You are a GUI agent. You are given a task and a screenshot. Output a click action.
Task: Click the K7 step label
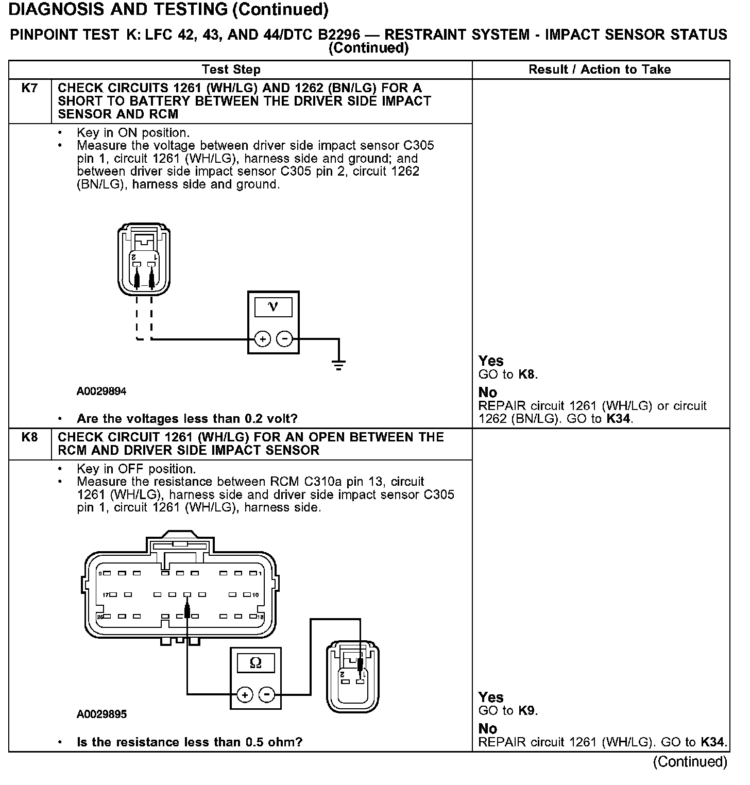tap(29, 88)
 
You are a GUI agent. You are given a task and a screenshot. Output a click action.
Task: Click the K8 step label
tap(29, 437)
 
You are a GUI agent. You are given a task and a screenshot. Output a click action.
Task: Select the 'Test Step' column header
tap(231, 70)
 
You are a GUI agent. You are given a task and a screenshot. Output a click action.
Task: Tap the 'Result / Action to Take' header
tap(600, 70)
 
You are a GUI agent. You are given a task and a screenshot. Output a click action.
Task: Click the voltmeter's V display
tap(273, 308)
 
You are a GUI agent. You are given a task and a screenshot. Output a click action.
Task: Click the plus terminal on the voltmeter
tap(263, 339)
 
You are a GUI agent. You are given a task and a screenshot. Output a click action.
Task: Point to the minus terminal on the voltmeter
tap(284, 339)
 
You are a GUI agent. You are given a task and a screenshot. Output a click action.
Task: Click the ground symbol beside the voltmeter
tap(338, 365)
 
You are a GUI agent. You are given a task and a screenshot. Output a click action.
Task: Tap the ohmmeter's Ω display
tap(255, 662)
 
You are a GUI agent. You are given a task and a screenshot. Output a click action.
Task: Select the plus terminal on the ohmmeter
tap(245, 695)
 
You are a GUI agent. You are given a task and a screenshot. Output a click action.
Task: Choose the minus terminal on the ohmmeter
tap(266, 695)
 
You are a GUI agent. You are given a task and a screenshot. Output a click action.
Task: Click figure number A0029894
tap(101, 391)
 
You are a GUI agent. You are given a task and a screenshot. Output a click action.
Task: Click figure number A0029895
tap(101, 714)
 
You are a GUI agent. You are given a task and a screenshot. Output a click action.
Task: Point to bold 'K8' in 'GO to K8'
tap(527, 374)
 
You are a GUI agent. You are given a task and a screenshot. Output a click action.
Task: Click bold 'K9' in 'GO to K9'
tap(527, 711)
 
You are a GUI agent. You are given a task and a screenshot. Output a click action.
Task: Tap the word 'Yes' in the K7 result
tap(491, 361)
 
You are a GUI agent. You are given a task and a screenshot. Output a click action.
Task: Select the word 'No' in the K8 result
tap(488, 728)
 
